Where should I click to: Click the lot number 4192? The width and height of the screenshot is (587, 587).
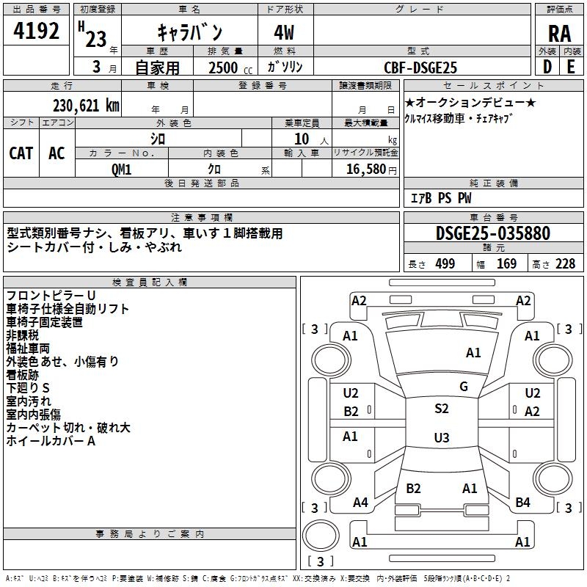(x=37, y=32)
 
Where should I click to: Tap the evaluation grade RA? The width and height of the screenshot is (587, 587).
(x=559, y=34)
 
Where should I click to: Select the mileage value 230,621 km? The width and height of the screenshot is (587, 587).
(x=86, y=106)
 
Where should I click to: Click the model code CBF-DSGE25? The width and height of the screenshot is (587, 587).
(x=421, y=68)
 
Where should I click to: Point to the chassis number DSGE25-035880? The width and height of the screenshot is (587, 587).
(x=492, y=233)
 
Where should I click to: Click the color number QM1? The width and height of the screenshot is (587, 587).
(x=121, y=168)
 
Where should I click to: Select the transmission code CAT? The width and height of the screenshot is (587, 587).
(x=21, y=153)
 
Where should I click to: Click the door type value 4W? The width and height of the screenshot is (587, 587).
(x=285, y=34)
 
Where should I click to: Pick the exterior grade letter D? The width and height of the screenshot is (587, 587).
(x=547, y=67)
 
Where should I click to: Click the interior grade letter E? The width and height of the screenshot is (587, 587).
(x=571, y=67)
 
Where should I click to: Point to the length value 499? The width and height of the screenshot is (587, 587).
(x=445, y=264)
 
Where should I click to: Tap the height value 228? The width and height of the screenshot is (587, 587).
(x=565, y=264)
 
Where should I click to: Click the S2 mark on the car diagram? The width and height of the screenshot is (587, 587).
(x=441, y=409)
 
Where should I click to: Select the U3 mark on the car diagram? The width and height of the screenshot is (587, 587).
(x=441, y=438)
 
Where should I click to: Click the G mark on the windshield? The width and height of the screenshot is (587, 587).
(x=464, y=387)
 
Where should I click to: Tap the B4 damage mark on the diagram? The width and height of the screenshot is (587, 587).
(x=522, y=503)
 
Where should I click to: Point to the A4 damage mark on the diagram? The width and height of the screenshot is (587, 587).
(x=360, y=503)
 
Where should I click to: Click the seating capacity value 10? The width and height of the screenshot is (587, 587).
(x=302, y=139)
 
